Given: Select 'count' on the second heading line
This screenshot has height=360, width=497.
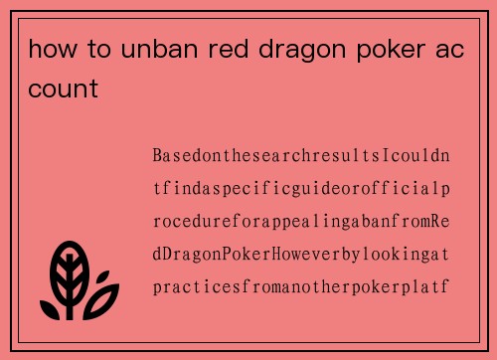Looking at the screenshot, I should pyautogui.click(x=63, y=90).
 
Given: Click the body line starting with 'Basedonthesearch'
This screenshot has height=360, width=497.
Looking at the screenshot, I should pyautogui.click(x=301, y=156).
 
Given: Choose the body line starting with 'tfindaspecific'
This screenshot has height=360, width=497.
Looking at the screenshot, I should pyautogui.click(x=301, y=188).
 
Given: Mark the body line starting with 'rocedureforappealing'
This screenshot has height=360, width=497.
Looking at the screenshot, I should pyautogui.click(x=301, y=220).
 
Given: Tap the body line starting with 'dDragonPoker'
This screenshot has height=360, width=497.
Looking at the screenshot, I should pyautogui.click(x=301, y=253).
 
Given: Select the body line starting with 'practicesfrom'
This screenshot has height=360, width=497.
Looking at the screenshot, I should pyautogui.click(x=301, y=285).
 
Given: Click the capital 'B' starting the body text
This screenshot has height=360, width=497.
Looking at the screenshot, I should pyautogui.click(x=158, y=156).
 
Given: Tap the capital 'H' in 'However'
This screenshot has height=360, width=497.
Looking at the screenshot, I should pyautogui.click(x=278, y=253).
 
